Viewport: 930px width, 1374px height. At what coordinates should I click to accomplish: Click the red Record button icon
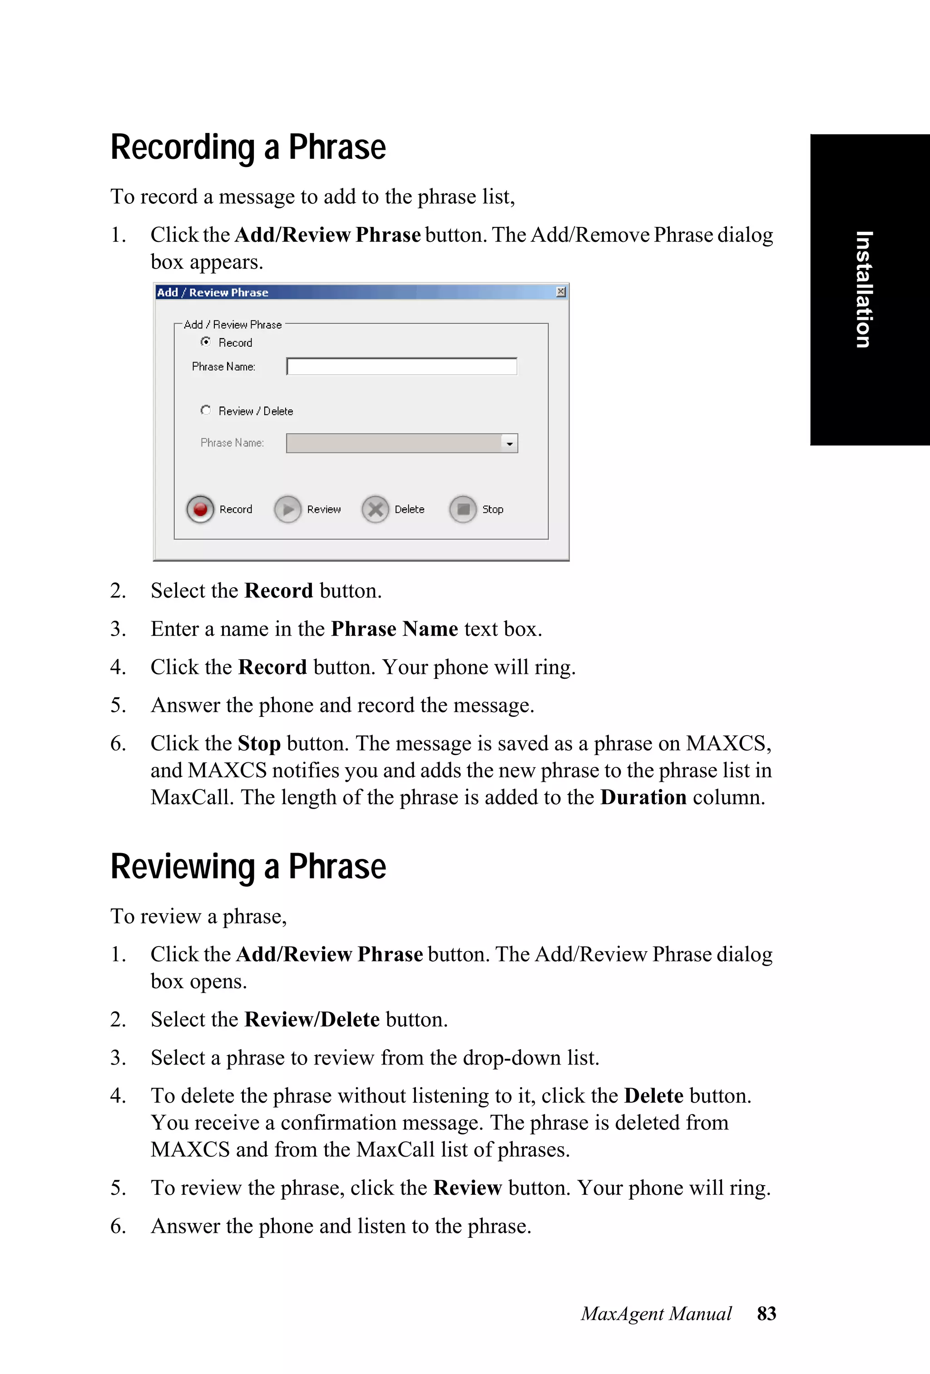tap(200, 509)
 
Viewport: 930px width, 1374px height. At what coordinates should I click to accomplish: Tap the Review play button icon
tap(288, 509)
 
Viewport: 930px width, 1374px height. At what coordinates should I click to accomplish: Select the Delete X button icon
tap(376, 509)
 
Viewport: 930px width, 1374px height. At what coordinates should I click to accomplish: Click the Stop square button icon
tap(463, 509)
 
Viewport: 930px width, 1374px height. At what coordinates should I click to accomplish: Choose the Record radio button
tap(206, 342)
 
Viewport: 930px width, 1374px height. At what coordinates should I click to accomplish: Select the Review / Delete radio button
tap(206, 410)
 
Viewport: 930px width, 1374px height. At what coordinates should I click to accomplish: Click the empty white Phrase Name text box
tap(401, 367)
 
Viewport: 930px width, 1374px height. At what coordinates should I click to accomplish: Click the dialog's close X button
tap(561, 291)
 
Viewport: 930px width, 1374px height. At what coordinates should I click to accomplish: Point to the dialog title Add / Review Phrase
tap(213, 293)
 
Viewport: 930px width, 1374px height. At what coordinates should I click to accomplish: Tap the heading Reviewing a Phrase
tap(248, 867)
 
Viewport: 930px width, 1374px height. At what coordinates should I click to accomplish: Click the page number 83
tap(766, 1313)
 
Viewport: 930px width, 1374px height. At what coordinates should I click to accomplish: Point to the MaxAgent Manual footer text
tap(656, 1313)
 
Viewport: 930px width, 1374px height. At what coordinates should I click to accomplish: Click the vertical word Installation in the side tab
tap(864, 289)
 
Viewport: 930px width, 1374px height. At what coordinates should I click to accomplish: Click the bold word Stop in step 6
tap(259, 743)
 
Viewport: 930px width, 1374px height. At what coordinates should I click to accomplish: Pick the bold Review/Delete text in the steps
tap(312, 1019)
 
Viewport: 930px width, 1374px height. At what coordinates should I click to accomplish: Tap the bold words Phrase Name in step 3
tap(395, 628)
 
